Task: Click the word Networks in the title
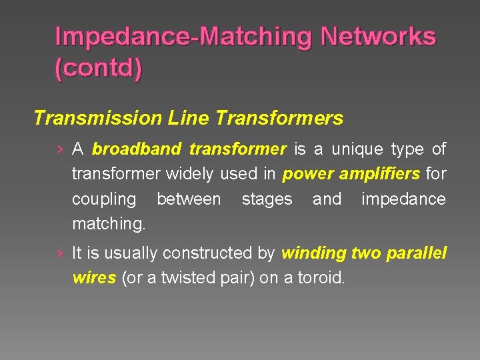coord(378,36)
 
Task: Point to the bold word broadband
coord(137,149)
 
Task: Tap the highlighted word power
coord(309,174)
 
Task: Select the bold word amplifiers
coord(380,174)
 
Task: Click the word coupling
coord(103,199)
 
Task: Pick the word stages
coord(267,199)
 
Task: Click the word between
coord(189,199)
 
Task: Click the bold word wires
coord(94,278)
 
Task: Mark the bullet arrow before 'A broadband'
coord(61,149)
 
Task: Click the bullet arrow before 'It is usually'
coord(61,253)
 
